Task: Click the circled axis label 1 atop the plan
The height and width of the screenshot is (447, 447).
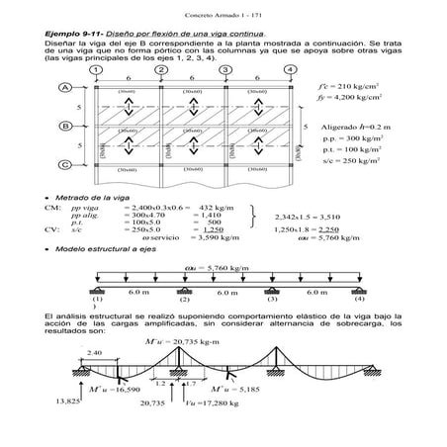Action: tap(96, 69)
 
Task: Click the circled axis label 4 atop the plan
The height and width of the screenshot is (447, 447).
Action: tap(290, 69)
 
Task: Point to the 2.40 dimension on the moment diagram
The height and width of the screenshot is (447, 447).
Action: tap(94, 352)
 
